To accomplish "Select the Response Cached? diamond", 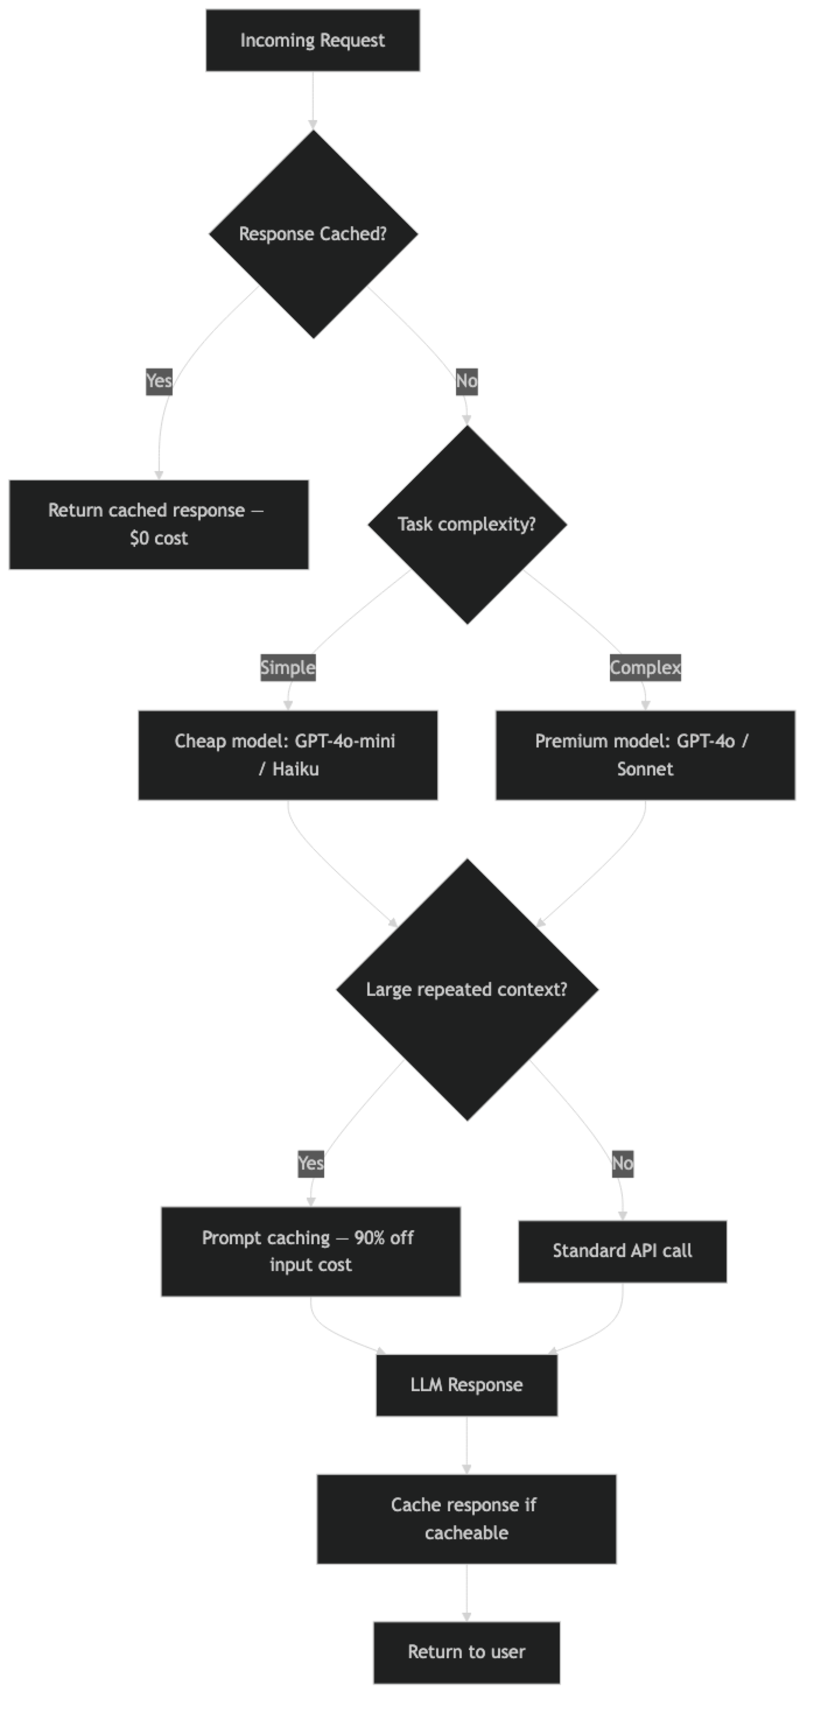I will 313,234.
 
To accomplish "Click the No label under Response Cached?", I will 466,381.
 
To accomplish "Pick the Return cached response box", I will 159,525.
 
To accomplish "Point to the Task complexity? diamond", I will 466,525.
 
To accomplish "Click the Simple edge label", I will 287,668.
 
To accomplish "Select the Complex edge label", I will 645,668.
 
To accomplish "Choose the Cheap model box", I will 288,754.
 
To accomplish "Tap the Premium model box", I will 645,754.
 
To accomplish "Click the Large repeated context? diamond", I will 466,989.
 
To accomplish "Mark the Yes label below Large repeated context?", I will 311,1163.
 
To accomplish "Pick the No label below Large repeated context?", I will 622,1163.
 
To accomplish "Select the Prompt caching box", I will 311,1251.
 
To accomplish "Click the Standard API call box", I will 622,1251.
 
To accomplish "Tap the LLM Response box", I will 466,1385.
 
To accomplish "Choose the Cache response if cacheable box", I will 466,1519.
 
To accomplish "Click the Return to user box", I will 466,1652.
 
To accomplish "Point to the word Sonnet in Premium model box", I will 645,770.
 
